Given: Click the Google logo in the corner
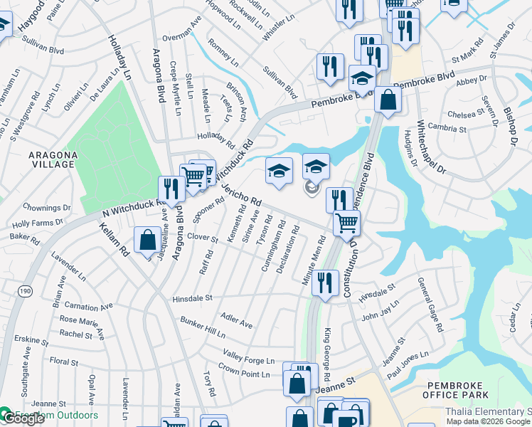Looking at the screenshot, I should point(23,418).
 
